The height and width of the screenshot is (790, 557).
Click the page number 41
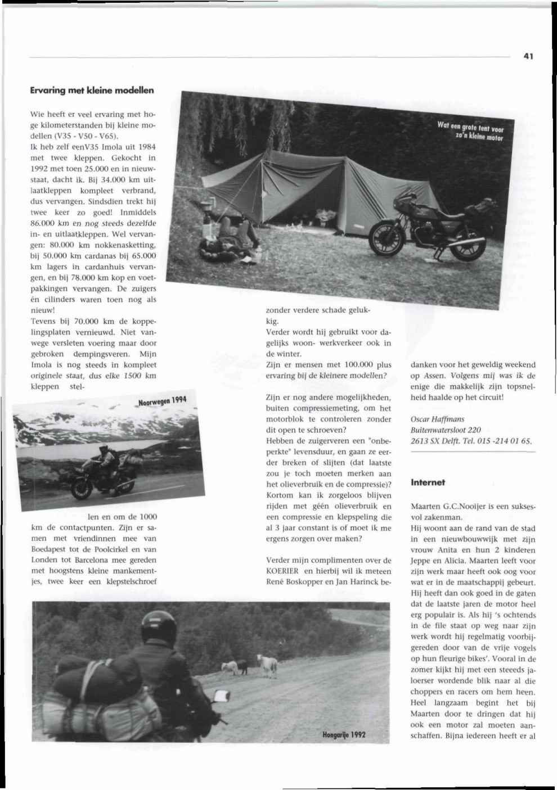(528, 56)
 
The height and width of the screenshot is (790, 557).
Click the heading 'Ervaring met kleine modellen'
(92, 90)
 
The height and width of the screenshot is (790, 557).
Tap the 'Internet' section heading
(428, 482)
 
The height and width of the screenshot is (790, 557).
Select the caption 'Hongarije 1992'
(344, 734)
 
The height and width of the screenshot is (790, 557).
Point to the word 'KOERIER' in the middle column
(282, 571)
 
